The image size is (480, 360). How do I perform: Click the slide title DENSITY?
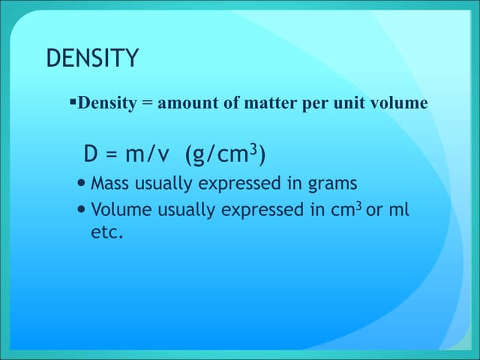92,59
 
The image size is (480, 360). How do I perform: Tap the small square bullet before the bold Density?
73,100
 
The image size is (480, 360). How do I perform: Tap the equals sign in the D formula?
110,155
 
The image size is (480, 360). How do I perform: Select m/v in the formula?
147,155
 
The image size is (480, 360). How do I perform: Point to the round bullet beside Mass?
81,183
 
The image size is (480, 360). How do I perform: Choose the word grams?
330,184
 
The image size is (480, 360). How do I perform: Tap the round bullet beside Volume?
81,210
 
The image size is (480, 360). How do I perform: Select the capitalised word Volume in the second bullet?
116,210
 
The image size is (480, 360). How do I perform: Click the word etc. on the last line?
106,233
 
